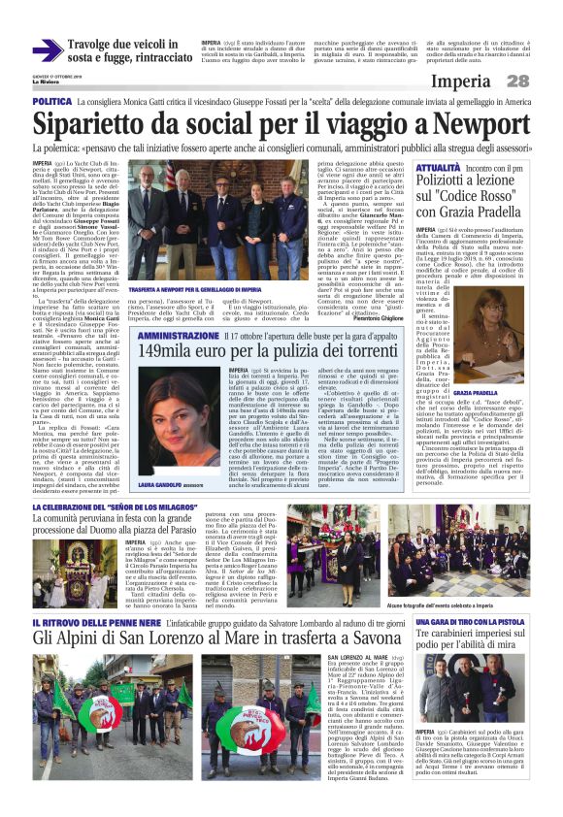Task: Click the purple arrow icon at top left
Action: pyautogui.click(x=46, y=49)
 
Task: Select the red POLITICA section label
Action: pyautogui.click(x=51, y=101)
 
